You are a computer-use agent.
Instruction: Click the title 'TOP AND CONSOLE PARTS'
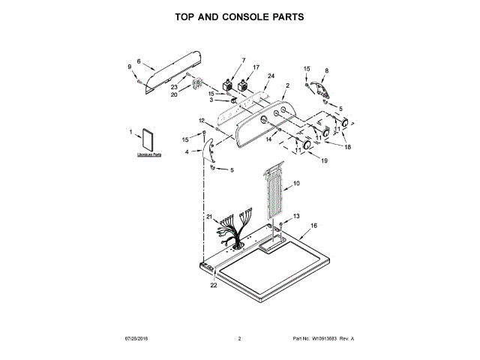[x=240, y=16]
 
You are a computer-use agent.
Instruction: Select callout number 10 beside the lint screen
[x=295, y=183]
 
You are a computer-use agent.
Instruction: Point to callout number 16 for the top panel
[x=313, y=225]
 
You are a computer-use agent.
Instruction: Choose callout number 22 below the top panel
[x=213, y=286]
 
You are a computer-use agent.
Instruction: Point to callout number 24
[x=271, y=76]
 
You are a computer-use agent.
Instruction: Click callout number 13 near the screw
[x=295, y=216]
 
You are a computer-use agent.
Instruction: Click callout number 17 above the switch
[x=256, y=67]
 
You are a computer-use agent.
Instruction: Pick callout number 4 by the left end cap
[x=187, y=152]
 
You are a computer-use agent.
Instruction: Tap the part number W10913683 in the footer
[x=323, y=339]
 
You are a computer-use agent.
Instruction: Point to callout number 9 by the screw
[x=128, y=68]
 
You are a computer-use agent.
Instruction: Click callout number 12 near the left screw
[x=201, y=121]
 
